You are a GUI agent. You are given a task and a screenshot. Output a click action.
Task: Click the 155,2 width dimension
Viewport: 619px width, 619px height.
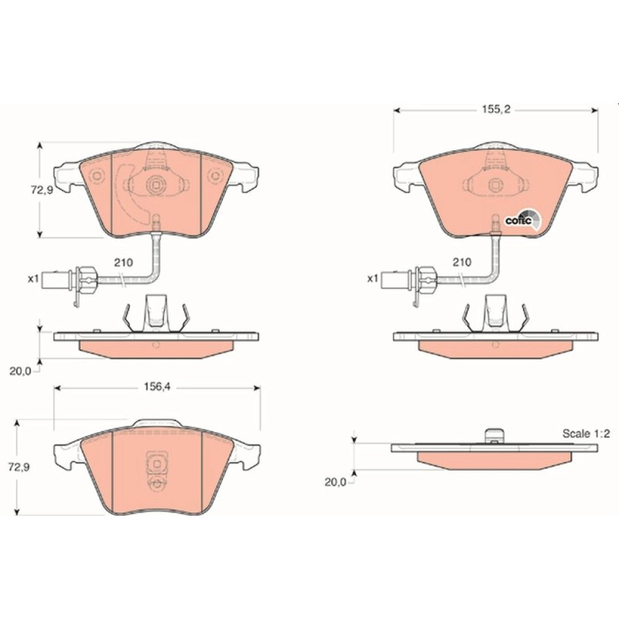(x=496, y=110)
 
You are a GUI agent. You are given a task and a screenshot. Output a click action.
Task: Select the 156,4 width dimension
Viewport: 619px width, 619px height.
(x=157, y=387)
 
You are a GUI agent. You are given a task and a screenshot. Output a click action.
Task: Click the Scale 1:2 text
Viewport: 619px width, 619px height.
(x=586, y=433)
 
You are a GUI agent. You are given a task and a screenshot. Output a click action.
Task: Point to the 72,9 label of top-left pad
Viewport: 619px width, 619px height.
(x=41, y=190)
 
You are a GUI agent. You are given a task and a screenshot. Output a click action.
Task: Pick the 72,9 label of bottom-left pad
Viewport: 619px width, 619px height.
(x=19, y=467)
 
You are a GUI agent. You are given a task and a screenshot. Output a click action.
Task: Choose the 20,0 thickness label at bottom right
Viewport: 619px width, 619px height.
(x=335, y=482)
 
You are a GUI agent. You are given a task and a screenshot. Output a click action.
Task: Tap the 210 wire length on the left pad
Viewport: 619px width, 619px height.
(x=124, y=262)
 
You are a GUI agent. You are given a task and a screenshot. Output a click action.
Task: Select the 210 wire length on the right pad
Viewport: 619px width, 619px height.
(x=462, y=262)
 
